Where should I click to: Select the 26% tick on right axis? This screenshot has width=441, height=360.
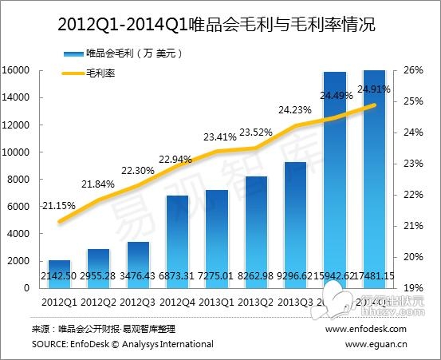click(413, 70)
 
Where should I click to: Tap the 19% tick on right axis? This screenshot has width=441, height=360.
click(413, 288)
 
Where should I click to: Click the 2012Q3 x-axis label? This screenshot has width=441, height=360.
click(137, 303)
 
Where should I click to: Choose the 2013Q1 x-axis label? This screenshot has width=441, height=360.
click(216, 303)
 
